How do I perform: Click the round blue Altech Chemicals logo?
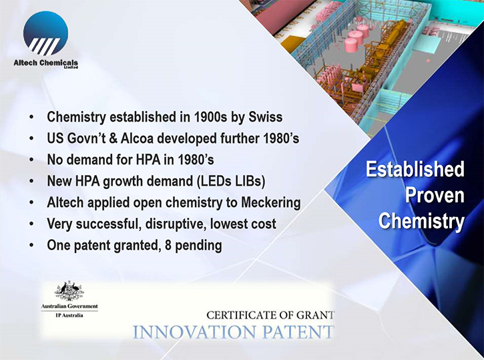tap(45, 33)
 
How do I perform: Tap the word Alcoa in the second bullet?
tap(137, 138)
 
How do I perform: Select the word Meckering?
tap(271, 203)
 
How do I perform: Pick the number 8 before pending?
tap(168, 246)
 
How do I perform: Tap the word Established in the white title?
tap(415, 169)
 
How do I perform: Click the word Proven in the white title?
tap(435, 195)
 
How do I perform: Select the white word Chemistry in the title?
tap(422, 222)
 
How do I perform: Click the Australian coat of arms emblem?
tap(69, 291)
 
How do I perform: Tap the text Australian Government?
tap(69, 307)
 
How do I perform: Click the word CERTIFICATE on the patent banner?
tap(242, 315)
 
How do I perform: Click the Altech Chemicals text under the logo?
tap(45, 63)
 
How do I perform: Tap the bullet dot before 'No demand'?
tap(31, 160)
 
